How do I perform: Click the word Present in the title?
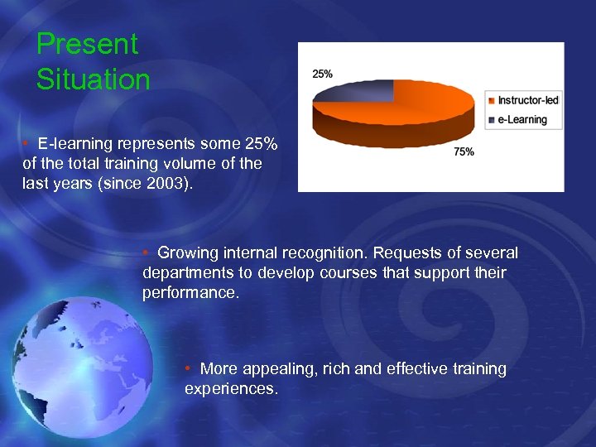(87, 45)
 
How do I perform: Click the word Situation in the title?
(94, 80)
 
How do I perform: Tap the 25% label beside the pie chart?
(323, 74)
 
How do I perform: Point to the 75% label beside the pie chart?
(464, 151)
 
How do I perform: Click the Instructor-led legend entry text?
(528, 101)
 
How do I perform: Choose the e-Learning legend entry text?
(522, 119)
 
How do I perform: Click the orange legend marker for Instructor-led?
(492, 101)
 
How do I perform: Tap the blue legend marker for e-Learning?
(492, 120)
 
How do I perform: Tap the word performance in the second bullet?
(190, 292)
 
